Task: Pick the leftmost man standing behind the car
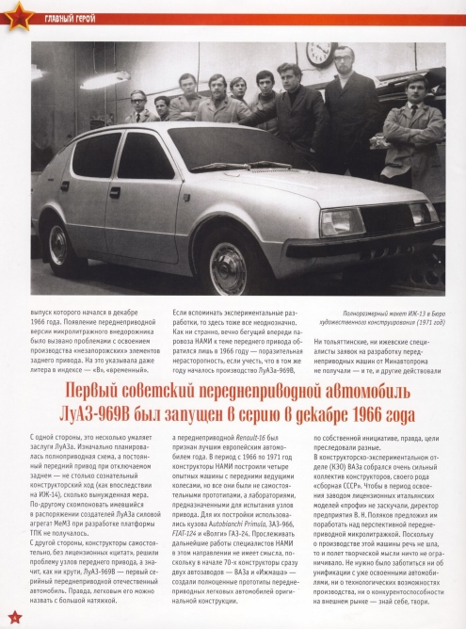[x=138, y=108]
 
